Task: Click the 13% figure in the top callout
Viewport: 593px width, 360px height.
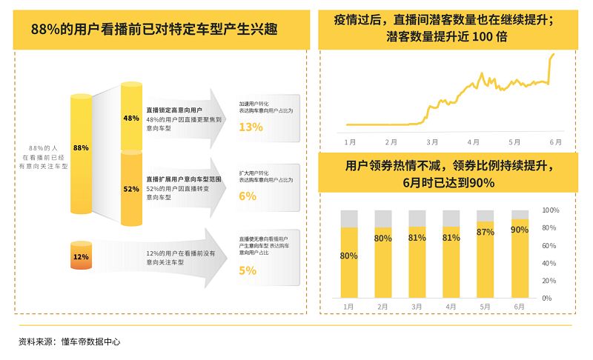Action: [251, 127]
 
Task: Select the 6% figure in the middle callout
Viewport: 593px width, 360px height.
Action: [248, 196]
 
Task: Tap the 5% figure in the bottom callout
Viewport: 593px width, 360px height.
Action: [248, 271]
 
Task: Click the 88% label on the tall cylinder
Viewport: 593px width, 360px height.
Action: [81, 148]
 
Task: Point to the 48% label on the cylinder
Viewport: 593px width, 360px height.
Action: [131, 119]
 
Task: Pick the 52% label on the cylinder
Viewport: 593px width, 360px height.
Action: [131, 189]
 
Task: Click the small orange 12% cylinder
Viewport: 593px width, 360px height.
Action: [81, 257]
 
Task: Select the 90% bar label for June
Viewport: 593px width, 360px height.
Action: [520, 230]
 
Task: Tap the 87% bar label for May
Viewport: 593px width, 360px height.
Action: [486, 232]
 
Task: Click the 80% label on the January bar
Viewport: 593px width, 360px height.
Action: [349, 256]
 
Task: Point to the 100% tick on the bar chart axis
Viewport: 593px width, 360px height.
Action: [549, 210]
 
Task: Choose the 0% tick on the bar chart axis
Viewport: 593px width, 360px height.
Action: [547, 299]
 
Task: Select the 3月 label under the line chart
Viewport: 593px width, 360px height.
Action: [432, 141]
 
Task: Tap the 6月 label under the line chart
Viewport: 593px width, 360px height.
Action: [554, 141]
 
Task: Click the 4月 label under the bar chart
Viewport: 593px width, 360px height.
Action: [451, 307]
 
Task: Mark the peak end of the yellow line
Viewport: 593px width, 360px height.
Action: [554, 53]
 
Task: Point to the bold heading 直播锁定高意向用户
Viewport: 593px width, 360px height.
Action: [174, 110]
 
